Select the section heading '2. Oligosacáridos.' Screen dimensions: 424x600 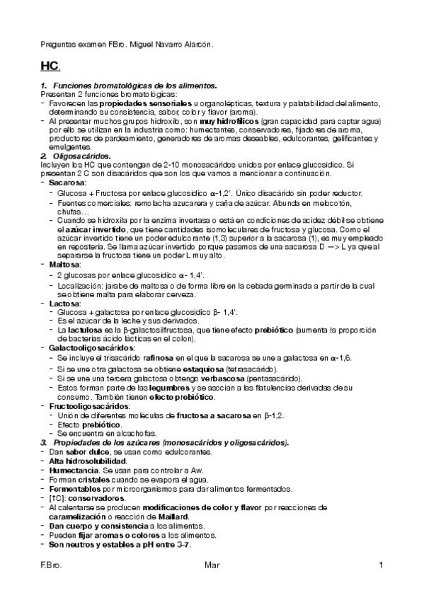pos(76,155)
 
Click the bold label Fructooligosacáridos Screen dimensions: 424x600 pos(88,407)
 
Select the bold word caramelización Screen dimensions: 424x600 pos(77,517)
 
